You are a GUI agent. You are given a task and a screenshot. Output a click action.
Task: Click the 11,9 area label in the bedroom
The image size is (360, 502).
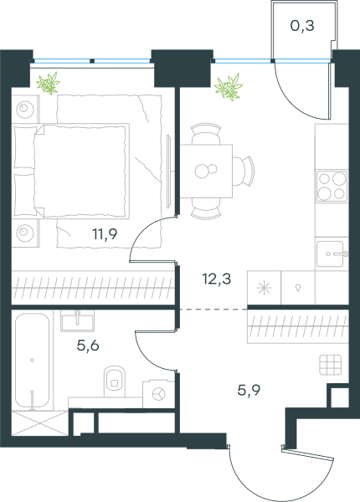tap(105, 234)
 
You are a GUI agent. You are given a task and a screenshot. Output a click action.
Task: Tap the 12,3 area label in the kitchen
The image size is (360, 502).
tap(217, 279)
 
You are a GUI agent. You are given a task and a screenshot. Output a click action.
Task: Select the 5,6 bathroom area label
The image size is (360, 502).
tap(88, 345)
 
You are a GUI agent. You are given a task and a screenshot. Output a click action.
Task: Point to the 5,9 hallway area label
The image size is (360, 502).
tap(249, 390)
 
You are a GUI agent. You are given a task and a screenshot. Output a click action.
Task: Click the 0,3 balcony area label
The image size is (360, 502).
tap(302, 26)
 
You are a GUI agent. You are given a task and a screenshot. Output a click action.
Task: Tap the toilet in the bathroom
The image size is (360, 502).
tap(115, 382)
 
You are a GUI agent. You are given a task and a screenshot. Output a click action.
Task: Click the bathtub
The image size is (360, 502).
tap(32, 360)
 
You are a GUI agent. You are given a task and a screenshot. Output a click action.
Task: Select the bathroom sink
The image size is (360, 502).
tap(77, 320)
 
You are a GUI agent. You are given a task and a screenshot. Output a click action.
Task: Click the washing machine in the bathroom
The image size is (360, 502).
tap(158, 394)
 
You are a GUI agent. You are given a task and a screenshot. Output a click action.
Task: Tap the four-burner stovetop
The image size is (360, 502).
tap(332, 187)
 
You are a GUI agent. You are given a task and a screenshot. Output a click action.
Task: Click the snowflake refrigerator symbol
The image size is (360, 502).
tap(264, 288)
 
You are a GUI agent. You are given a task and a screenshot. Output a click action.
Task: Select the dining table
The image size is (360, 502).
tap(206, 171)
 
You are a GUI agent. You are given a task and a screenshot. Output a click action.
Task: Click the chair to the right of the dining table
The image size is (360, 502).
tap(244, 171)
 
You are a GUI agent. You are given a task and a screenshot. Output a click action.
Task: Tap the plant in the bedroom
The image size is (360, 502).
tap(49, 83)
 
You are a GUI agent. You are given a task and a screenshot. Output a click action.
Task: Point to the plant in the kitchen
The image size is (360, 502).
tap(229, 87)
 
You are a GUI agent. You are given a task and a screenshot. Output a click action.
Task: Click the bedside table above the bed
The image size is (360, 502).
tap(26, 109)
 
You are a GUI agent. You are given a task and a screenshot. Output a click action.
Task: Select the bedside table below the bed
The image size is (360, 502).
tap(26, 233)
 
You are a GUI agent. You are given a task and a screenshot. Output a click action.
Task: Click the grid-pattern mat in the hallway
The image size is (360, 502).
tap(330, 365)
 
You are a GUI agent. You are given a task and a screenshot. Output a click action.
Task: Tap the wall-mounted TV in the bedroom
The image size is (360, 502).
tap(170, 171)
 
